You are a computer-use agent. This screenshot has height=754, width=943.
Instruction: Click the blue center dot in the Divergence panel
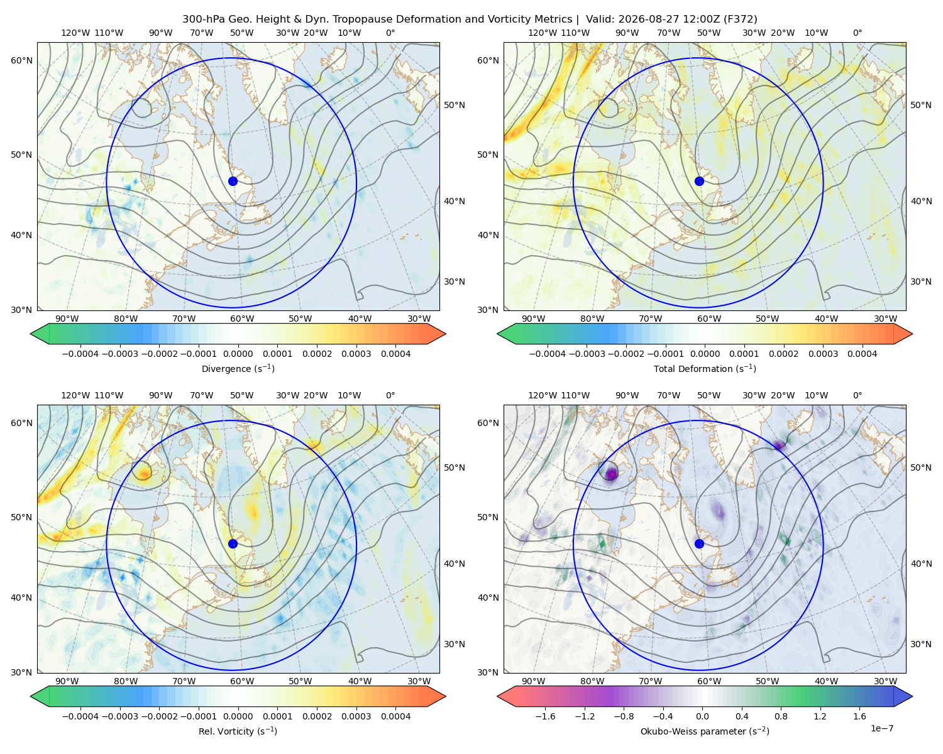(x=233, y=181)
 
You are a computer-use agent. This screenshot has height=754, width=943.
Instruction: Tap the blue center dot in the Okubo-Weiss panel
(x=699, y=544)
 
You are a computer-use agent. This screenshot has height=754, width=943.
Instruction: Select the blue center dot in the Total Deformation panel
(x=699, y=181)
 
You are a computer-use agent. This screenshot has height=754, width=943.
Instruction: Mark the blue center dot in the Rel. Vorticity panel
(x=233, y=544)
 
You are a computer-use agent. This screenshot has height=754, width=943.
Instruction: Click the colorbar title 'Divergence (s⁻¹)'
(x=238, y=368)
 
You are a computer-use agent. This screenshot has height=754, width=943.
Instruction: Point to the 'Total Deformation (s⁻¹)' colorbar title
(x=705, y=368)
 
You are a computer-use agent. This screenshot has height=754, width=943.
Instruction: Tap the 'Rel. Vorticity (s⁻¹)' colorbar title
(x=238, y=731)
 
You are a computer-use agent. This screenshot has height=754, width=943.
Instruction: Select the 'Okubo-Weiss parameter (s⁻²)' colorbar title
(x=705, y=731)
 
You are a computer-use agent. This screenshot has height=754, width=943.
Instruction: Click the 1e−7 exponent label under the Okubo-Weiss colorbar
(x=881, y=728)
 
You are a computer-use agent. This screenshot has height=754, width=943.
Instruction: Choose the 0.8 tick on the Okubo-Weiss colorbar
(x=781, y=716)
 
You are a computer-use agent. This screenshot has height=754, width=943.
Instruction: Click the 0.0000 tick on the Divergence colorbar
(x=238, y=354)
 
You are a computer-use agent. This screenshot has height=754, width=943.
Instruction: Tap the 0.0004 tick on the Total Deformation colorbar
(x=862, y=354)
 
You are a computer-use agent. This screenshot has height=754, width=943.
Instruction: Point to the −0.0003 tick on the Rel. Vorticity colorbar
(x=119, y=716)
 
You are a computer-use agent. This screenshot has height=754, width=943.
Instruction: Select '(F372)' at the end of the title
(x=741, y=19)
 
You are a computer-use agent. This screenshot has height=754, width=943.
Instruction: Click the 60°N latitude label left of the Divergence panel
(x=21, y=60)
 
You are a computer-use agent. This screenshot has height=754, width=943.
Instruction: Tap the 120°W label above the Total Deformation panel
(x=542, y=33)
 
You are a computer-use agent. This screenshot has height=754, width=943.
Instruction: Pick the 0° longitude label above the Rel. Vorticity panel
(x=390, y=395)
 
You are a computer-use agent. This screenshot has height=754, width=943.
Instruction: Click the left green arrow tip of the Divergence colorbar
(x=31, y=334)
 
